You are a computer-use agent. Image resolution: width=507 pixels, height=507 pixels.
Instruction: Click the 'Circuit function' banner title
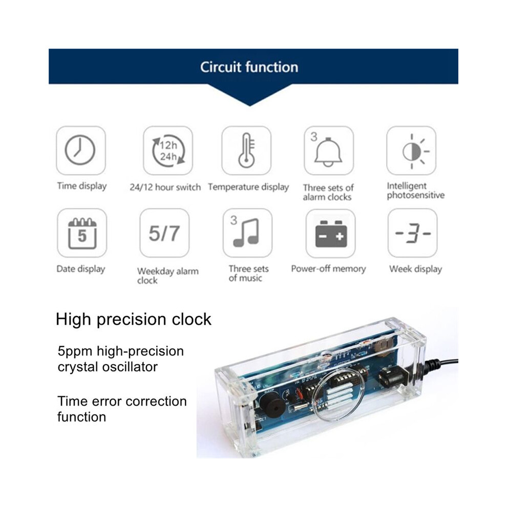pos(249,67)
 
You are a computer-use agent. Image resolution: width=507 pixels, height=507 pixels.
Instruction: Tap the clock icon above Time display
pos(80,151)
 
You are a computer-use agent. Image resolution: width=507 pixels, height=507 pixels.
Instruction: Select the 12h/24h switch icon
pos(168,151)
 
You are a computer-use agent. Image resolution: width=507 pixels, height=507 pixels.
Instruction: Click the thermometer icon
pos(246,151)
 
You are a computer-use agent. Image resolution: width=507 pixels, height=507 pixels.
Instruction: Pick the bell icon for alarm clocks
pos(328,151)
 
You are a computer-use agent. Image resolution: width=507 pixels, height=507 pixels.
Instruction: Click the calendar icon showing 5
pos(82,233)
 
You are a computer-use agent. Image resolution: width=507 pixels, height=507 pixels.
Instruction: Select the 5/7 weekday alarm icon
pos(164,233)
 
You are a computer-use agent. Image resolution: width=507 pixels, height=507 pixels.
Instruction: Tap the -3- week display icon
pos(413,233)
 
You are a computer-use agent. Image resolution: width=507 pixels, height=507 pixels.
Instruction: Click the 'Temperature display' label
pos(248,187)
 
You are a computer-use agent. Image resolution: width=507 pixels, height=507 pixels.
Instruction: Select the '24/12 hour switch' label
pos(165,187)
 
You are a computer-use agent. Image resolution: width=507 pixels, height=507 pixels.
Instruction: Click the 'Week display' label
pos(415,269)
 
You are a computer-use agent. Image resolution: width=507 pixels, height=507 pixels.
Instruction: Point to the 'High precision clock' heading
pos(133,320)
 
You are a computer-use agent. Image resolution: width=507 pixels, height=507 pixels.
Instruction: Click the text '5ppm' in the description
pos(75,352)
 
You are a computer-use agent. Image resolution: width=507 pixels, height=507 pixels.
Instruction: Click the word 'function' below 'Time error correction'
pos(82,417)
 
